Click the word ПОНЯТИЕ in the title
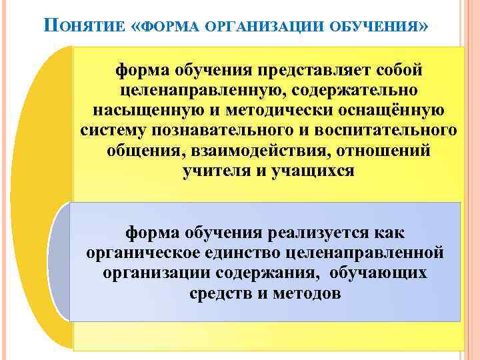point(83,27)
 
